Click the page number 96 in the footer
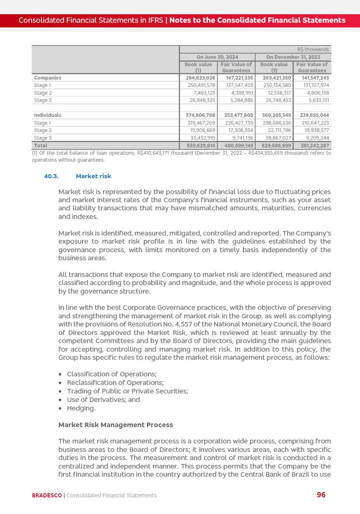(321, 495)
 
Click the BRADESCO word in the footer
(47, 495)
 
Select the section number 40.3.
(51, 176)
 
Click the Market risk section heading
(93, 176)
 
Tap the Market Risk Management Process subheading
(116, 425)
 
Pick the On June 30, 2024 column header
(217, 57)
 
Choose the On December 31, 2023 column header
(293, 57)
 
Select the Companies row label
(48, 78)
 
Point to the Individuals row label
(48, 115)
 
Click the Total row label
(41, 145)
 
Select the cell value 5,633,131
(319, 100)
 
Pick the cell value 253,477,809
(239, 115)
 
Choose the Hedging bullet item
(81, 408)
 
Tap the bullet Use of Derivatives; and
(103, 400)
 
